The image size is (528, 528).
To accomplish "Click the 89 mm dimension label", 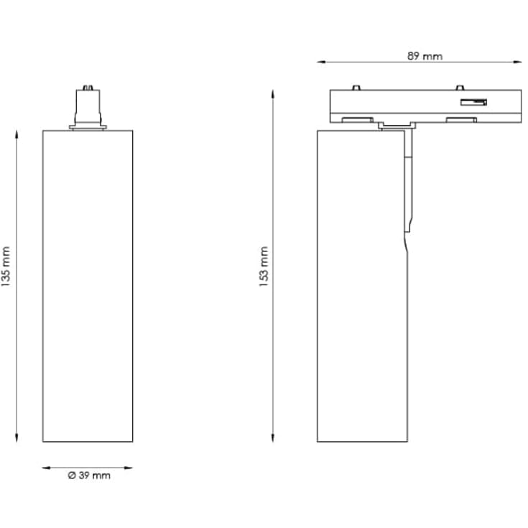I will click(425, 55).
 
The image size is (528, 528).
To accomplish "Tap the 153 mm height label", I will click(264, 267).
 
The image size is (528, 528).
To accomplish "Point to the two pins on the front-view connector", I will click(88, 90).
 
